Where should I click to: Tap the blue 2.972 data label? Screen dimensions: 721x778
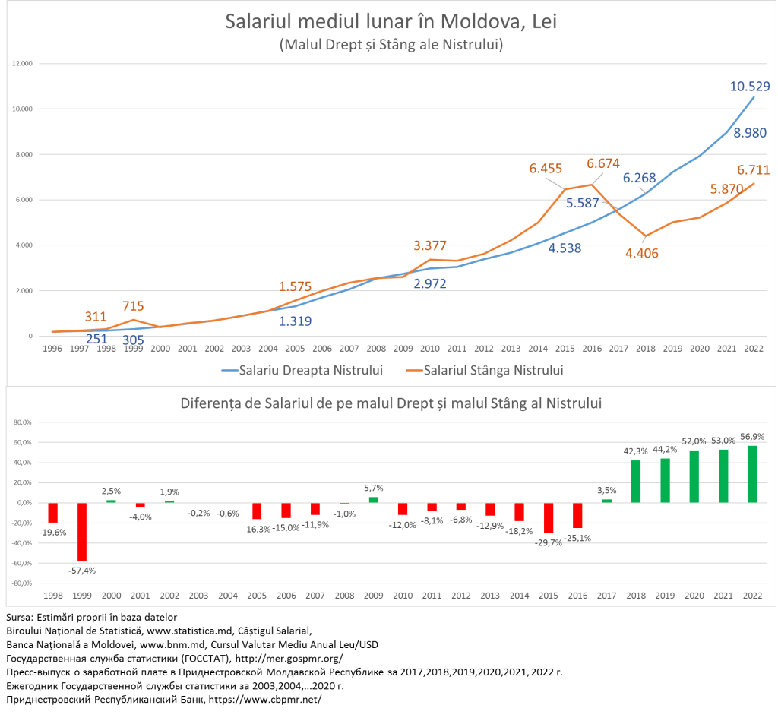430,284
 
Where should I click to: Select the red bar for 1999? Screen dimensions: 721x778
81,532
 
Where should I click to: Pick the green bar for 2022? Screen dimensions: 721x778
753,474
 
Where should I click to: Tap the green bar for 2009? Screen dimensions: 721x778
372,500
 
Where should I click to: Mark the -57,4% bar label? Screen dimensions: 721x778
81,570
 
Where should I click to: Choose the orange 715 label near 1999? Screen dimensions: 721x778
134,306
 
